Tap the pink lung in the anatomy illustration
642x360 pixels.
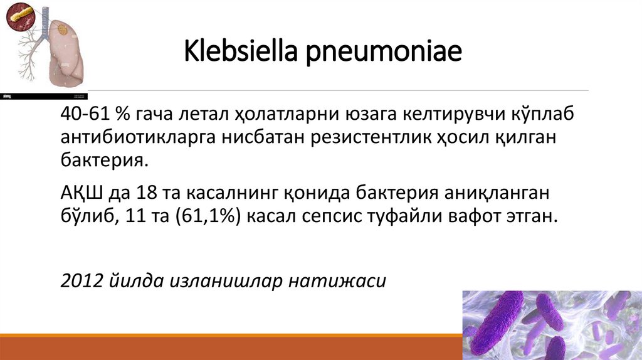68,53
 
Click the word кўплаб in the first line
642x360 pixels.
537,115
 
